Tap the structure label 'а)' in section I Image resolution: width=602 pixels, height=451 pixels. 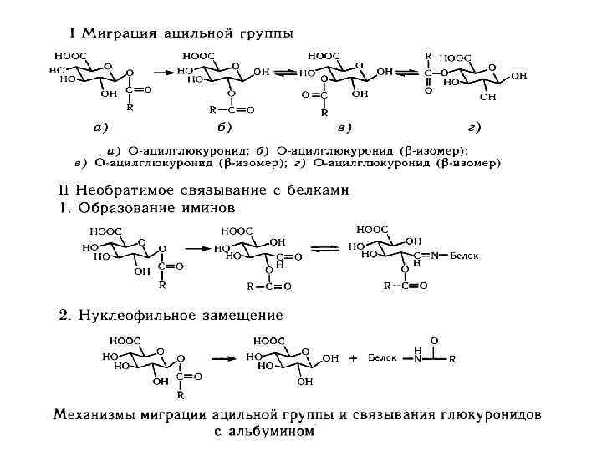[x=99, y=128]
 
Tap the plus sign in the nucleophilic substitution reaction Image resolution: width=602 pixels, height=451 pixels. [x=354, y=358]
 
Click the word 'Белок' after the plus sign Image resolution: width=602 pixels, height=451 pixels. [x=381, y=358]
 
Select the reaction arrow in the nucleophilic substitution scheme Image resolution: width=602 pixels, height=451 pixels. [x=222, y=357]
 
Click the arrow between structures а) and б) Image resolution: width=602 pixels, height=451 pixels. [x=163, y=71]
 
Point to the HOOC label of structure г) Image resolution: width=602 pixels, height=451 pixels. [x=456, y=58]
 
